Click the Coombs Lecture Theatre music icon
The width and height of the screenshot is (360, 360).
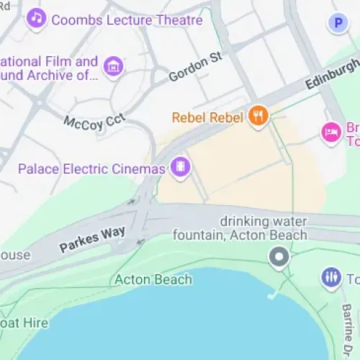point(36,18)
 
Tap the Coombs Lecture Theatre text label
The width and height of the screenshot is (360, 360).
point(127,20)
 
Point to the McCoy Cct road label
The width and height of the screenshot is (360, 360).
point(94,122)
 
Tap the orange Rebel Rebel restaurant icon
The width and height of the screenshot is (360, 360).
point(258,115)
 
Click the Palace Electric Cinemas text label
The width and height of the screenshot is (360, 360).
point(92,169)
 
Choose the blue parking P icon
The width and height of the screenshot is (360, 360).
point(337,24)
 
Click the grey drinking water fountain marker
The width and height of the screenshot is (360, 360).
point(279,256)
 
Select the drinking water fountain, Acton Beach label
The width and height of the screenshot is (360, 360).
point(264,228)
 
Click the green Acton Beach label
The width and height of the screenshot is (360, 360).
point(153,279)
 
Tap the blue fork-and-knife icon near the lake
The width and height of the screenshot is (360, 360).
point(331,277)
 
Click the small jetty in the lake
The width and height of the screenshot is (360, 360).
point(272,295)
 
